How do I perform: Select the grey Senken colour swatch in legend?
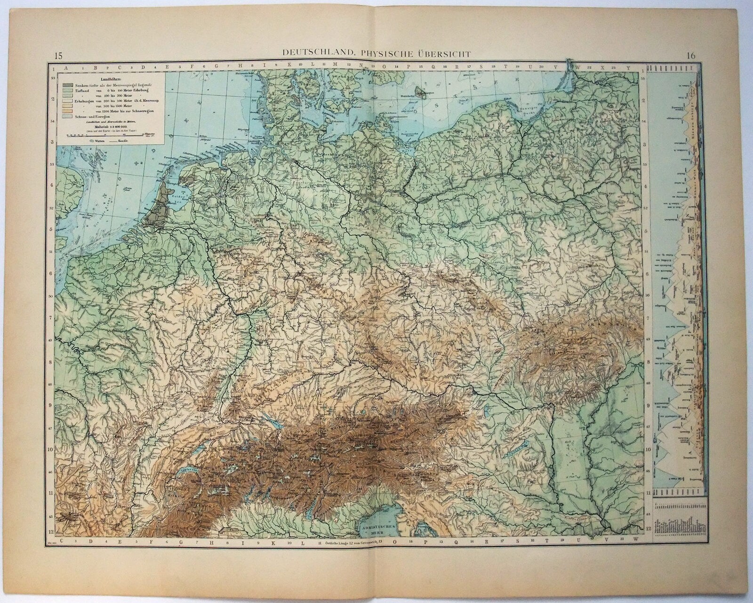[x=65, y=86]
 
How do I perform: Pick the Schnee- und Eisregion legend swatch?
[x=65, y=115]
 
